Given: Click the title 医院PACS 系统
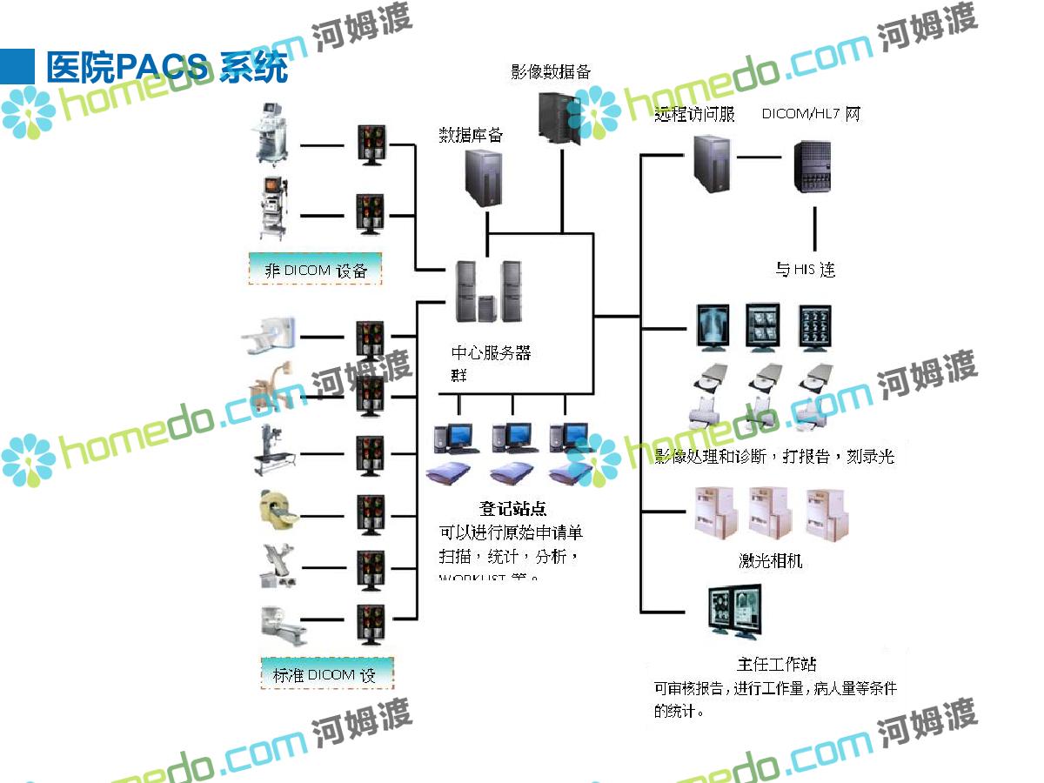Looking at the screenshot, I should (166, 67).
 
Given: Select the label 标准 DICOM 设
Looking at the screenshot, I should (326, 674).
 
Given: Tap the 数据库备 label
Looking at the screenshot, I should (471, 135).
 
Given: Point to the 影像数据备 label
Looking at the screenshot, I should (551, 72).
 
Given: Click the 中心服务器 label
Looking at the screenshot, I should (491, 353).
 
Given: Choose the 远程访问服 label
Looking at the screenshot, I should (694, 114).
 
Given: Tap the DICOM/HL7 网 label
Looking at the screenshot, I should (811, 114).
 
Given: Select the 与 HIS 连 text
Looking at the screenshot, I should (805, 270).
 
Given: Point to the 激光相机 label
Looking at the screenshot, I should (770, 561).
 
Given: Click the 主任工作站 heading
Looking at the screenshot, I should (777, 664).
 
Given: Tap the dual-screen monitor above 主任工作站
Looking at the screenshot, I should (736, 614).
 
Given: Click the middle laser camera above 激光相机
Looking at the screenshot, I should (771, 513).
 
